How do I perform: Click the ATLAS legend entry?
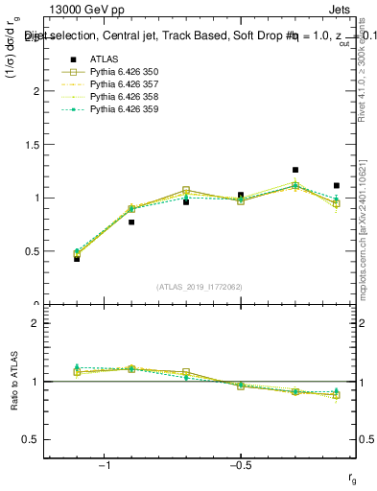(x=102, y=59)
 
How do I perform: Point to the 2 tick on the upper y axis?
(x=35, y=91)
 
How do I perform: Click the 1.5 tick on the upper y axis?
(x=31, y=145)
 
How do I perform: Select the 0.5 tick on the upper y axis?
(x=31, y=251)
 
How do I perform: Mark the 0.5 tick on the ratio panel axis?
(x=31, y=439)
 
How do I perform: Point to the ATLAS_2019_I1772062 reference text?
(x=200, y=286)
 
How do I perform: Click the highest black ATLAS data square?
(x=295, y=170)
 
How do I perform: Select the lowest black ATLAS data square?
(x=77, y=259)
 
